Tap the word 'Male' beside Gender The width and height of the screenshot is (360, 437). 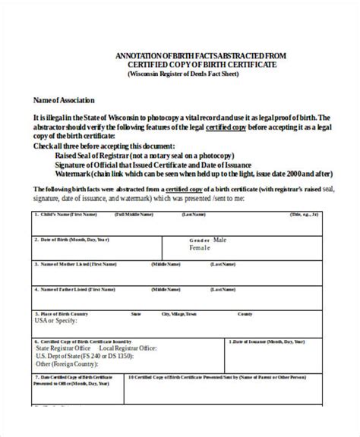click(219, 239)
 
